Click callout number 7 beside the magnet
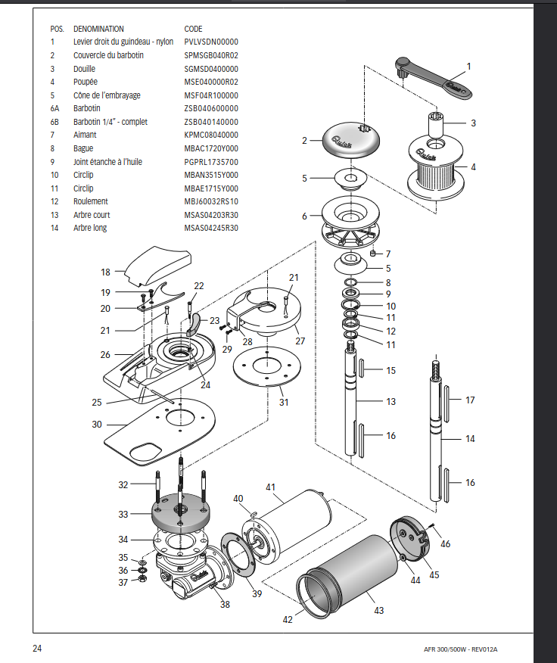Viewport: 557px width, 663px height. coord(388,254)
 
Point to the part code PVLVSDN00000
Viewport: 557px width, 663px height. coord(211,42)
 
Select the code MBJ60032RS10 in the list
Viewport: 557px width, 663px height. coord(211,201)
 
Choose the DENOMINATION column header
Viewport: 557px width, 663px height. coord(98,29)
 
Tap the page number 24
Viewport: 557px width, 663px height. coord(38,649)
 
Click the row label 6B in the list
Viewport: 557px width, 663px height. coord(54,121)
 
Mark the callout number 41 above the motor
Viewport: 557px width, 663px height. coord(271,487)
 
